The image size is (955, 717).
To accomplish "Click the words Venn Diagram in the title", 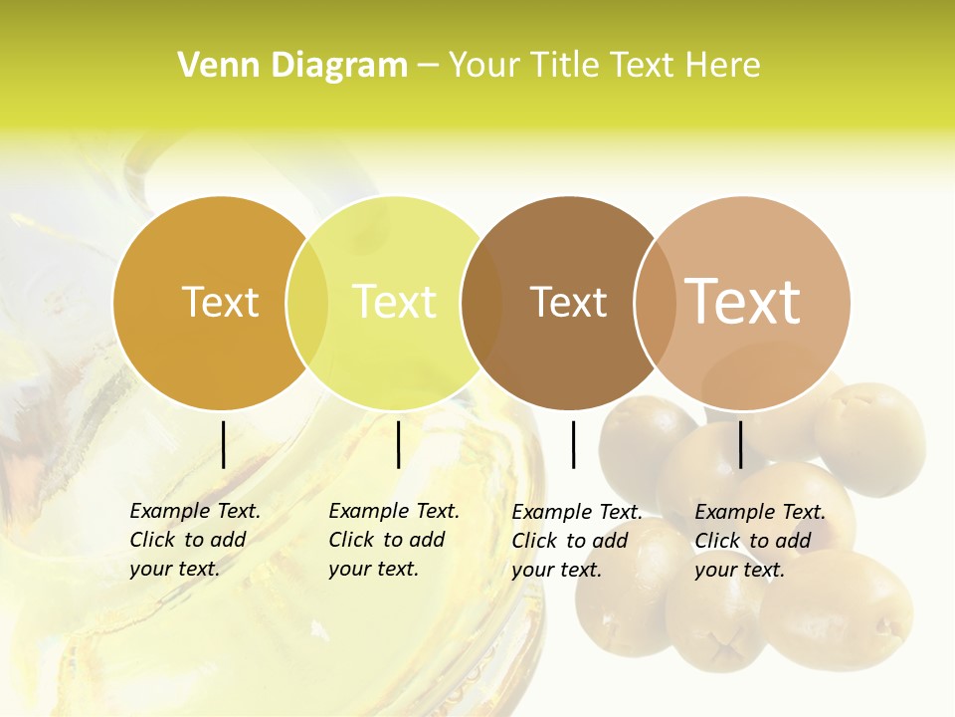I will (292, 65).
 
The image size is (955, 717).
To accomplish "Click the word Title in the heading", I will (569, 65).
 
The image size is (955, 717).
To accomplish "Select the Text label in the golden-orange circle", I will (220, 302).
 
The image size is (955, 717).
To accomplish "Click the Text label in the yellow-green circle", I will (395, 302).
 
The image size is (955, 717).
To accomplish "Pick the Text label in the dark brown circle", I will (568, 302).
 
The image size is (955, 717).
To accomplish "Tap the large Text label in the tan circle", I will (743, 301).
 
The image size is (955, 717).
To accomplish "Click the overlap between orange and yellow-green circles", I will (306, 303).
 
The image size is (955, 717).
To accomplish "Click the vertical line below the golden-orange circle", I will (223, 444).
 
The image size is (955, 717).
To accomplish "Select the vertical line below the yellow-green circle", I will (398, 444).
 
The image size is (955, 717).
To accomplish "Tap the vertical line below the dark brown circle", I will (573, 444).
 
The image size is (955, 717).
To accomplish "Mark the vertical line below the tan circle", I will (740, 444).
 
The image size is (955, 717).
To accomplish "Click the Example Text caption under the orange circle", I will (194, 540).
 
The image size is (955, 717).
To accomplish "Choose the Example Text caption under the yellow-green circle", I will (393, 540).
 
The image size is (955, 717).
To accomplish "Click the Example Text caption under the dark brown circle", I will (576, 541).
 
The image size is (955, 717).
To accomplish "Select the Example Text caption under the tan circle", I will (759, 541).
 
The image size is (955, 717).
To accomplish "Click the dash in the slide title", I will (428, 66).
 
